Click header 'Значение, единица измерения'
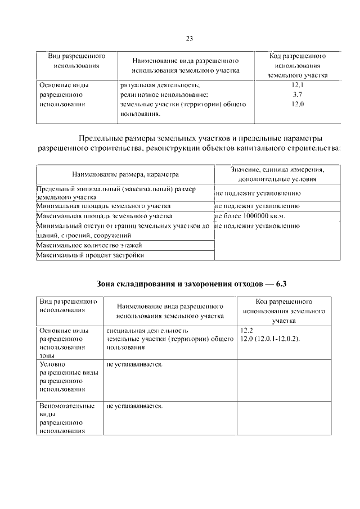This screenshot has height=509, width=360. pos(278,169)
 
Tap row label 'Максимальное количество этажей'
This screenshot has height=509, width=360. pos(89,245)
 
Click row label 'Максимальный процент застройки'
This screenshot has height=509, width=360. pos(90,255)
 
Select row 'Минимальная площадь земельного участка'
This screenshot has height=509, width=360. pos(103,206)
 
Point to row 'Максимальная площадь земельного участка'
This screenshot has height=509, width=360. pos(104,215)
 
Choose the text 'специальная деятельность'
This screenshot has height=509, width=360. pos(147,331)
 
